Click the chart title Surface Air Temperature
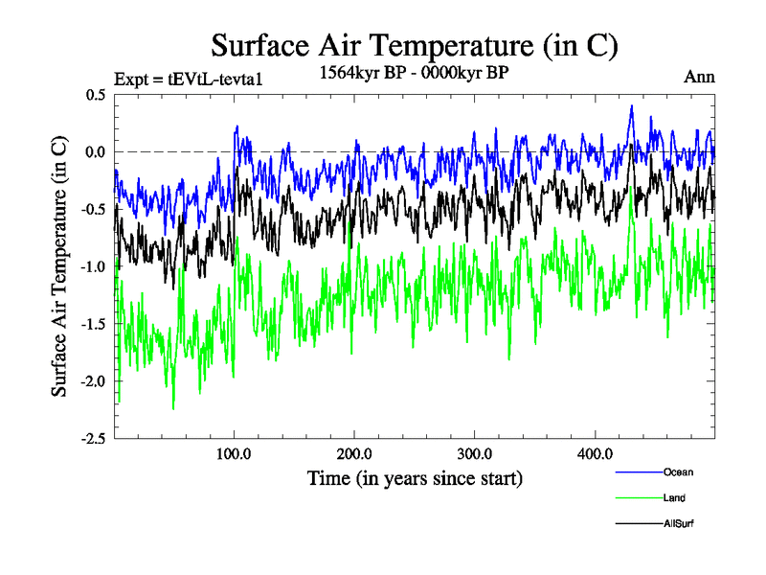[x=414, y=45]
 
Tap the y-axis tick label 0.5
[x=94, y=95]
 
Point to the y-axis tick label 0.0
[x=94, y=152]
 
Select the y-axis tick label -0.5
[x=92, y=210]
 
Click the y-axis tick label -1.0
[x=92, y=267]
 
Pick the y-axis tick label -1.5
[x=92, y=325]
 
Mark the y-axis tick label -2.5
[x=92, y=439]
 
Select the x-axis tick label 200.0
[x=354, y=453]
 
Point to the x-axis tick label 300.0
[x=475, y=453]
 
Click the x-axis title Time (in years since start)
[x=415, y=477]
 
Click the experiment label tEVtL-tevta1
[x=188, y=80]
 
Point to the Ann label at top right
[x=699, y=78]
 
